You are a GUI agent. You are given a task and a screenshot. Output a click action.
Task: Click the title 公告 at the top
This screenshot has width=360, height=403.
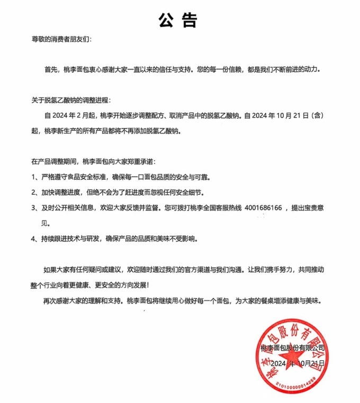(178, 20)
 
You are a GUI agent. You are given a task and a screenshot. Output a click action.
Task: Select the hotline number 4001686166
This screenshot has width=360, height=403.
(263, 208)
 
